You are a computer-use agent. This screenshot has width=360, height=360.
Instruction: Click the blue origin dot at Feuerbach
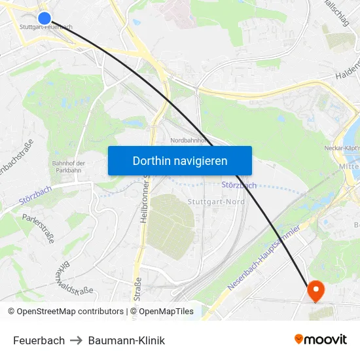tap(45, 18)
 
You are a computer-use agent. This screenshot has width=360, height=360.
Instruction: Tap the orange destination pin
tap(315, 290)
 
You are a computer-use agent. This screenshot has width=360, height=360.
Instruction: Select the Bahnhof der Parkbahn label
tap(69, 167)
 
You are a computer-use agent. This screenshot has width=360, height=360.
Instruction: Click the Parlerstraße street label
tap(38, 228)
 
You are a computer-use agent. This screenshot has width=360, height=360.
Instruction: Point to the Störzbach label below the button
tap(239, 185)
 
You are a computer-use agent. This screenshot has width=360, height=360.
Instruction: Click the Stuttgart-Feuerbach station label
tap(46, 27)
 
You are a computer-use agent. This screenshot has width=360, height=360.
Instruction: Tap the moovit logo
tap(320, 339)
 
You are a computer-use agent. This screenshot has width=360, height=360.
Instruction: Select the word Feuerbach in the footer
tap(39, 340)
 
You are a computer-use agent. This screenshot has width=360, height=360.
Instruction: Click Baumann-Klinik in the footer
tap(126, 340)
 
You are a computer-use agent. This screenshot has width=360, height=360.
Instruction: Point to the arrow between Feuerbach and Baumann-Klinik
tap(77, 340)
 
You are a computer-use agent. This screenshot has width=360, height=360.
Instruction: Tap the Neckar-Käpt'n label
tap(342, 148)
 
